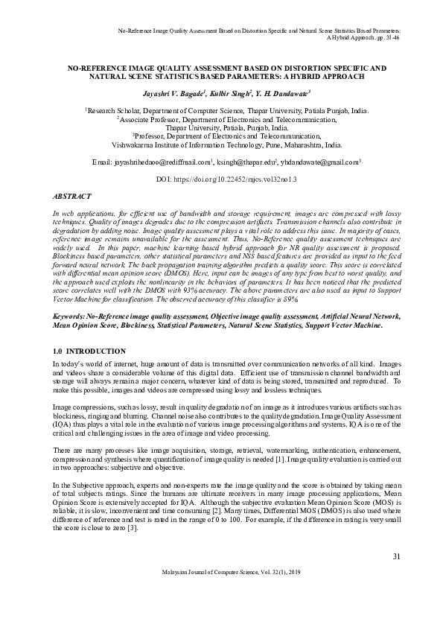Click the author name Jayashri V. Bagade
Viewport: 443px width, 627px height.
click(x=173, y=96)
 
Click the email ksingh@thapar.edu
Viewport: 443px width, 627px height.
click(x=246, y=162)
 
